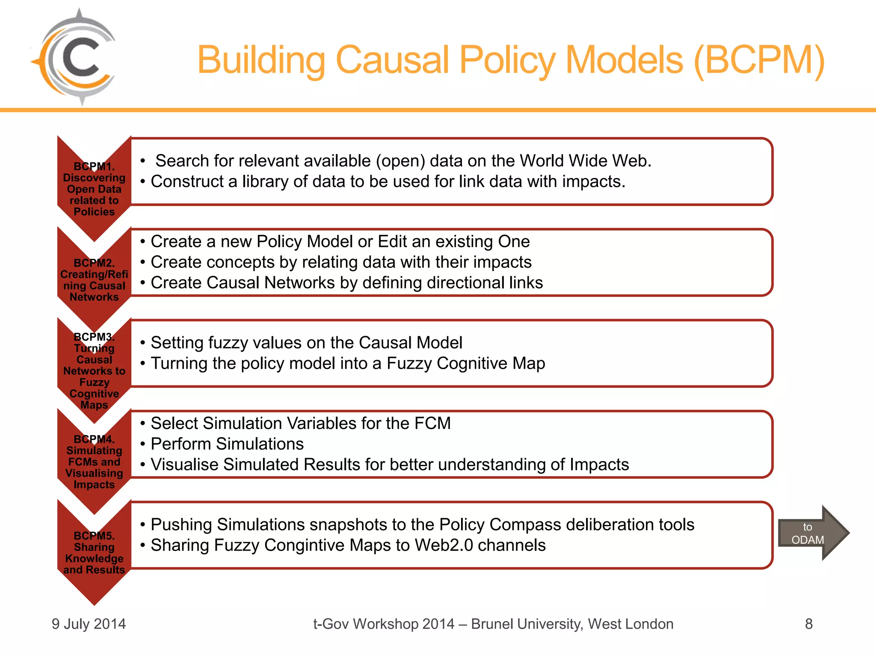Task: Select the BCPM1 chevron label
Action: click(x=94, y=189)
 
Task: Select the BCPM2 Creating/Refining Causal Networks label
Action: click(x=94, y=280)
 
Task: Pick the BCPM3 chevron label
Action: click(x=94, y=370)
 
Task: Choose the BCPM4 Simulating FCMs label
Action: click(x=94, y=462)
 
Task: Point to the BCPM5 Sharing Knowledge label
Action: click(x=94, y=552)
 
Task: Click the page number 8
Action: click(x=808, y=624)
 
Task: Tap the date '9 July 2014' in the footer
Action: click(x=89, y=624)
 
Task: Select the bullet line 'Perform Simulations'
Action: click(x=227, y=444)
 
